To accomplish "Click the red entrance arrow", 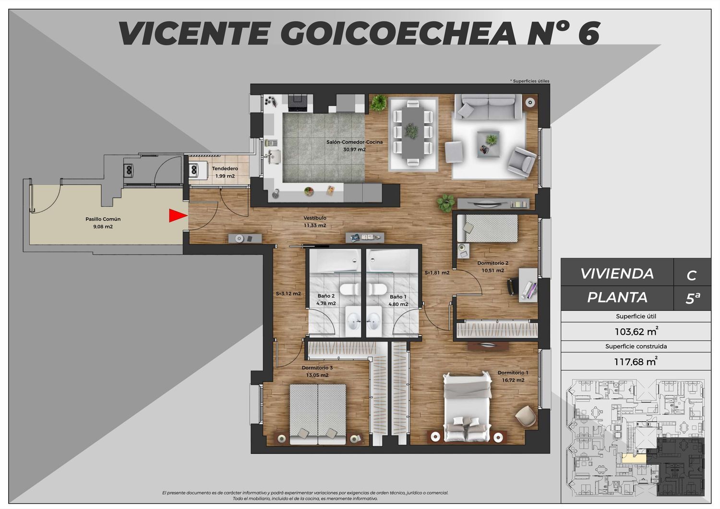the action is click(x=178, y=215).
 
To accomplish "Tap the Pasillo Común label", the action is click(x=103, y=219).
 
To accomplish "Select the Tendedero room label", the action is click(x=225, y=168).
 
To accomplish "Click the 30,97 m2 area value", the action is click(x=354, y=149).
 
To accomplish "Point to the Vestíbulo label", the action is click(x=315, y=218).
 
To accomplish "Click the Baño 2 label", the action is click(x=326, y=296).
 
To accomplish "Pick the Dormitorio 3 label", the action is click(x=317, y=367).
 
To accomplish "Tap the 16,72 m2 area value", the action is click(x=513, y=380).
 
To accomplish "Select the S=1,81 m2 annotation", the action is click(x=437, y=273).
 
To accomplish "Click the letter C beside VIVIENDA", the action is click(x=691, y=275).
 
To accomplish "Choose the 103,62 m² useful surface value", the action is click(x=636, y=331).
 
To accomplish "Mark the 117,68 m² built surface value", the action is click(x=636, y=362).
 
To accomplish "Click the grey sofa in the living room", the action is click(x=488, y=107).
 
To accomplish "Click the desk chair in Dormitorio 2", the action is click(x=512, y=285).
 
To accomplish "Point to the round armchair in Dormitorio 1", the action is click(x=526, y=416).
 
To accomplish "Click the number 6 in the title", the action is click(x=589, y=34).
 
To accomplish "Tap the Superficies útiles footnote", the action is click(x=530, y=81).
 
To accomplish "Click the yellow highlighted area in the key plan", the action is click(x=634, y=459).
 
